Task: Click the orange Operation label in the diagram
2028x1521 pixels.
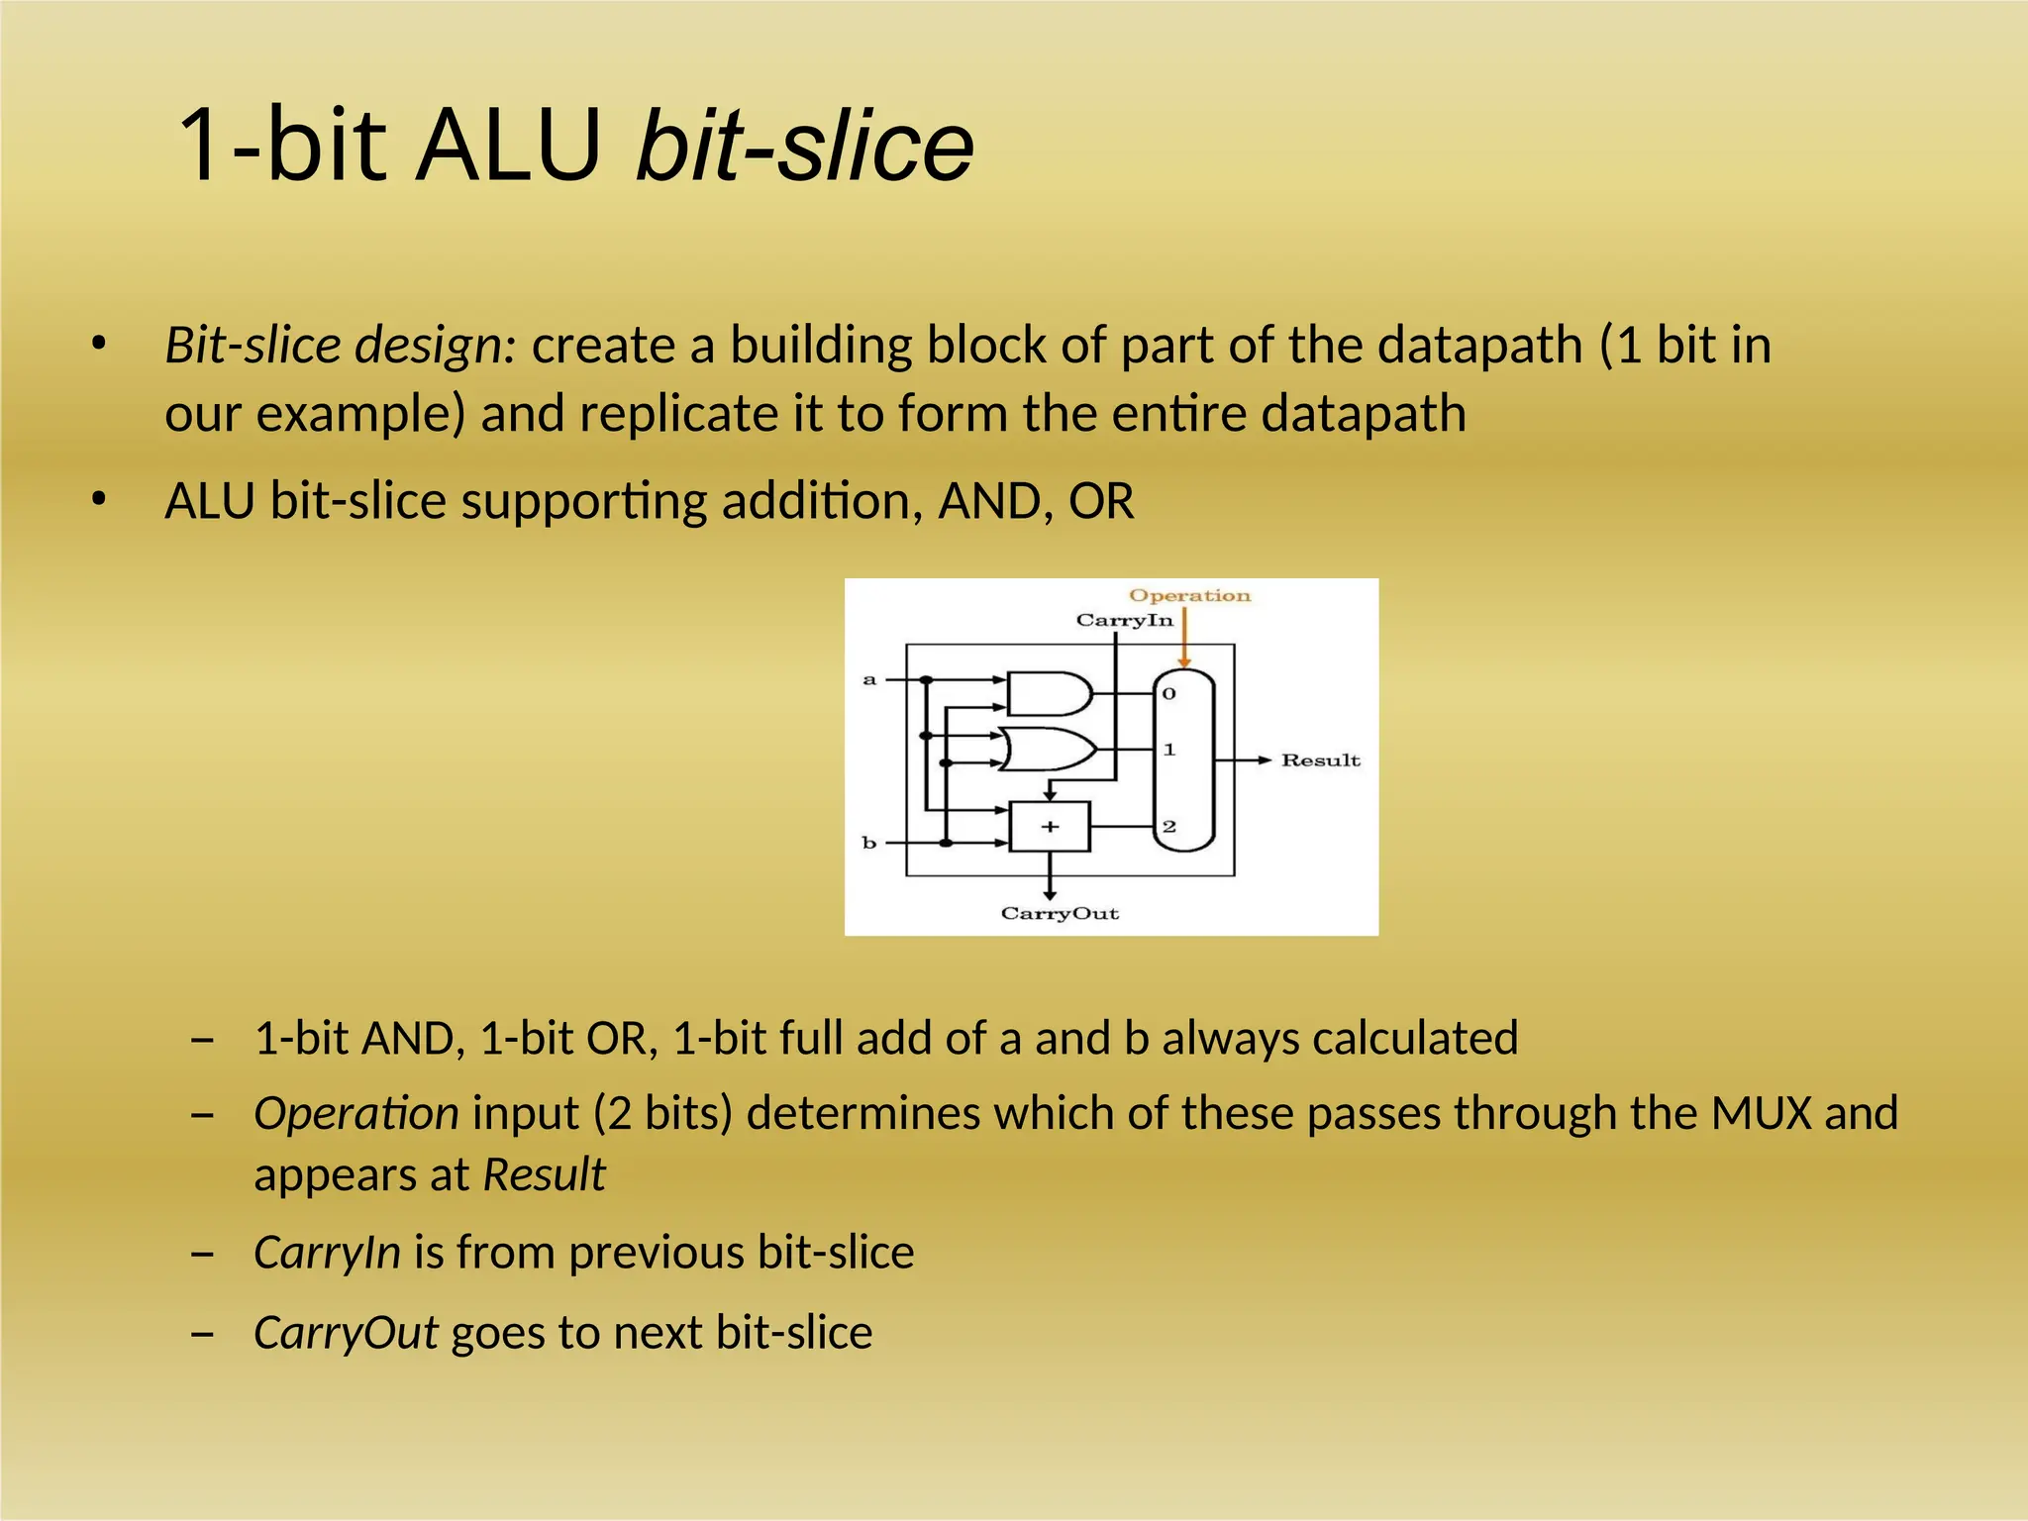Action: [1189, 595]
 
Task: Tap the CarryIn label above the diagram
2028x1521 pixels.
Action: [1124, 620]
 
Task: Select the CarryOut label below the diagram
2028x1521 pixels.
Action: [1060, 913]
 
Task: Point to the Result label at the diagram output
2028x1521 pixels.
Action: [1320, 760]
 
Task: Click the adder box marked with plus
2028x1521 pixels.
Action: [1050, 827]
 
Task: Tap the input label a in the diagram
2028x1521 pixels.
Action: [869, 679]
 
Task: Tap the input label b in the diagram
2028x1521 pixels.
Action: [869, 843]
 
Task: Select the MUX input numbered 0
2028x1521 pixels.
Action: [1169, 694]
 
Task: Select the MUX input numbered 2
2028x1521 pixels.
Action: [1169, 827]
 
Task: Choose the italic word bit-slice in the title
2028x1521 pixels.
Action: [804, 146]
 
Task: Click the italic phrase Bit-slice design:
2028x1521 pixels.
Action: [341, 346]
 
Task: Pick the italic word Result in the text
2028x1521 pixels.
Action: [544, 1175]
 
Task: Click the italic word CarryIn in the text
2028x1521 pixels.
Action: [327, 1253]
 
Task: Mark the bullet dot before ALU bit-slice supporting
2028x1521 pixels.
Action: [97, 501]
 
